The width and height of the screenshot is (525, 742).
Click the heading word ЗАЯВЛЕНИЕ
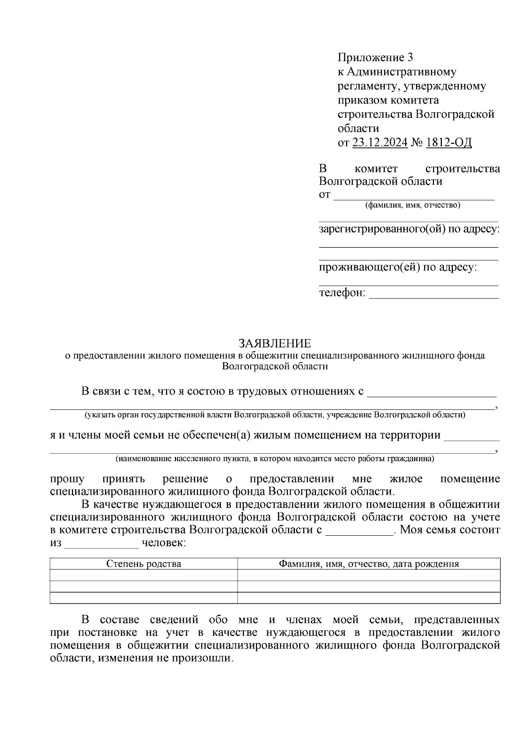tap(275, 343)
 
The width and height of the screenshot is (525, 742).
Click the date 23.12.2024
tap(380, 143)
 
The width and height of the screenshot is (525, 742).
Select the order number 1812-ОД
tap(448, 143)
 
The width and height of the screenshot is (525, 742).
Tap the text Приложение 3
tap(375, 57)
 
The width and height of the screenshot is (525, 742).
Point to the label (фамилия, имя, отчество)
tap(413, 205)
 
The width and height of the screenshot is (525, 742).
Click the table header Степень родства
tap(143, 564)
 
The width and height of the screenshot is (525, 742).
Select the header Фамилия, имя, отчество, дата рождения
tap(369, 564)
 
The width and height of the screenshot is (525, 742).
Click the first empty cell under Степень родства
tap(143, 575)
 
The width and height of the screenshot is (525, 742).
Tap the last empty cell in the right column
tap(369, 598)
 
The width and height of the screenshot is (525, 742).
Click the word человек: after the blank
tap(164, 544)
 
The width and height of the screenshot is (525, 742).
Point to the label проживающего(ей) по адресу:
tap(398, 267)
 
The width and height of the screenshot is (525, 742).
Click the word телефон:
tap(342, 293)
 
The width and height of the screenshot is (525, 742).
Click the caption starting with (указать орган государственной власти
tap(275, 415)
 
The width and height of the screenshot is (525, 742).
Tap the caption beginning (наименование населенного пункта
tap(275, 459)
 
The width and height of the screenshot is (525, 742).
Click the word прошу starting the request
tap(67, 479)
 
